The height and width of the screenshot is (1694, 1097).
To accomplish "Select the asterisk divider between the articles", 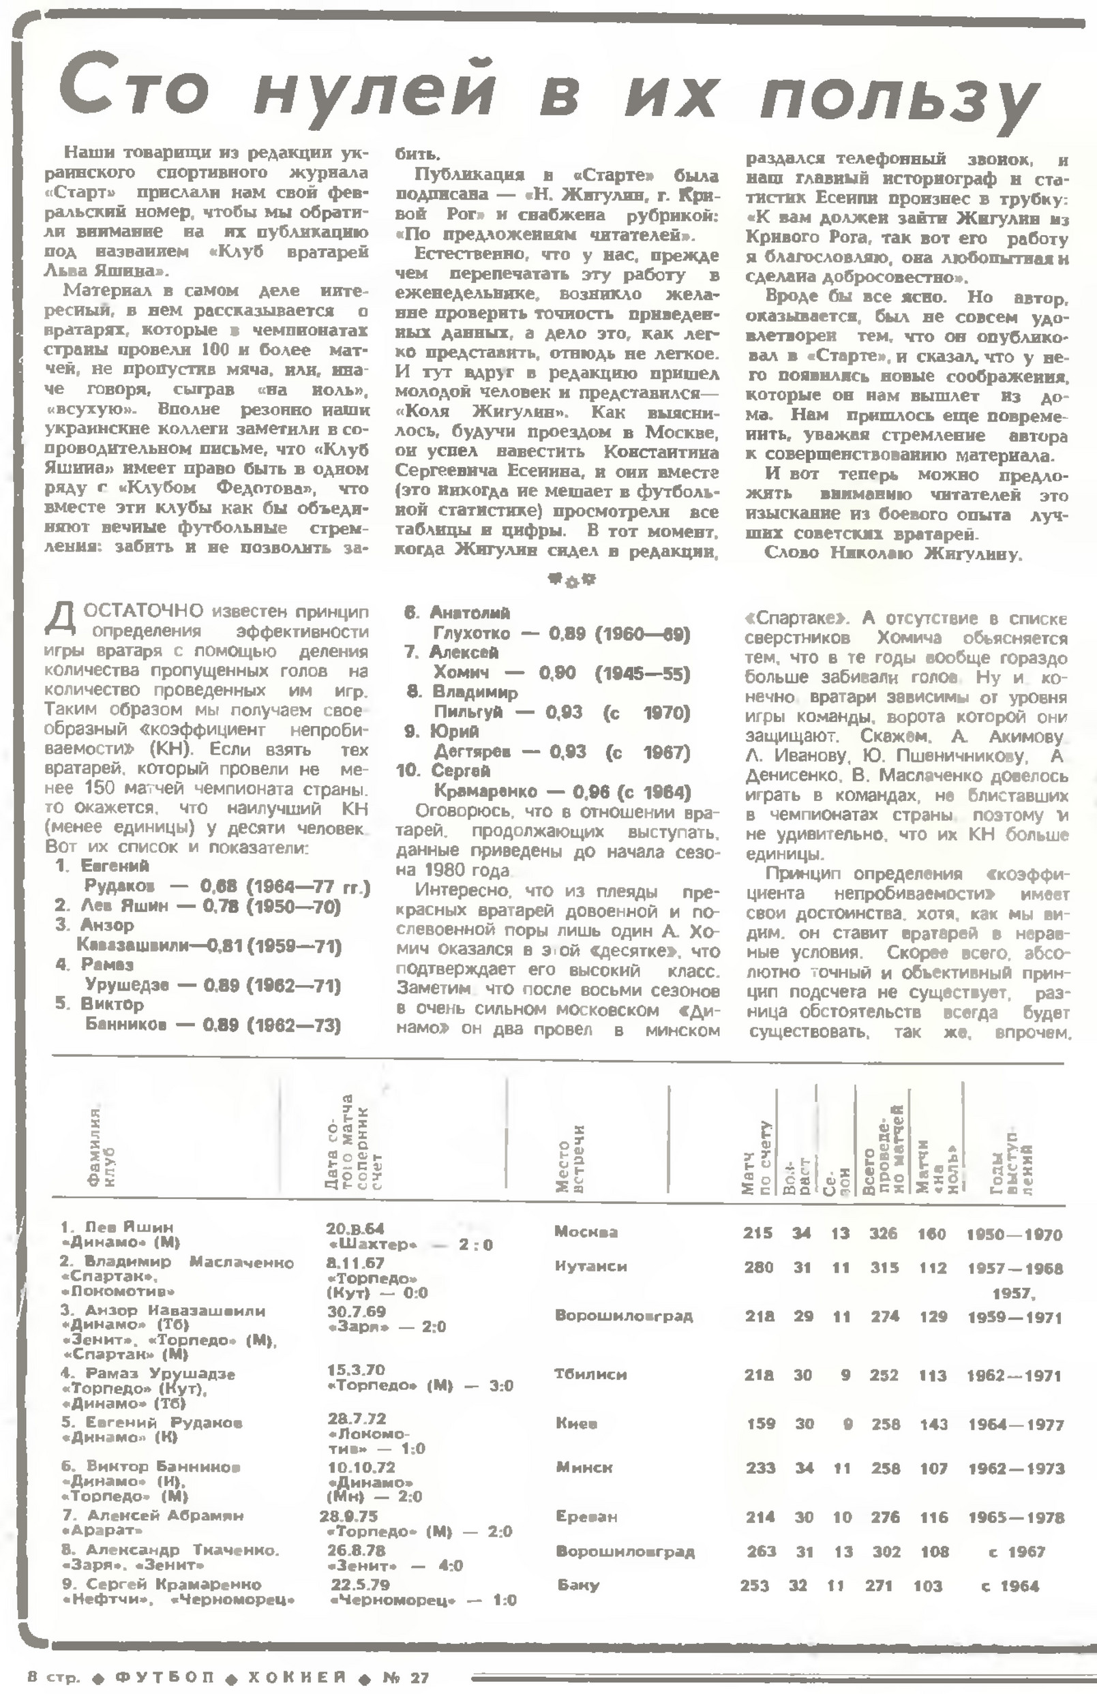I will (x=571, y=580).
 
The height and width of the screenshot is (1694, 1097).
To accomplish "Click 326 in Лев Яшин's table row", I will (x=883, y=1233).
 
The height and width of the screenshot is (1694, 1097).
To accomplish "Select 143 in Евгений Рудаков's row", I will (x=933, y=1424).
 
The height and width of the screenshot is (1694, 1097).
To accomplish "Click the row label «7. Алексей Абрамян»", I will (x=153, y=1516).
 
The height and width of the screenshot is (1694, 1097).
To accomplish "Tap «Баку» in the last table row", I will (x=578, y=1585).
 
